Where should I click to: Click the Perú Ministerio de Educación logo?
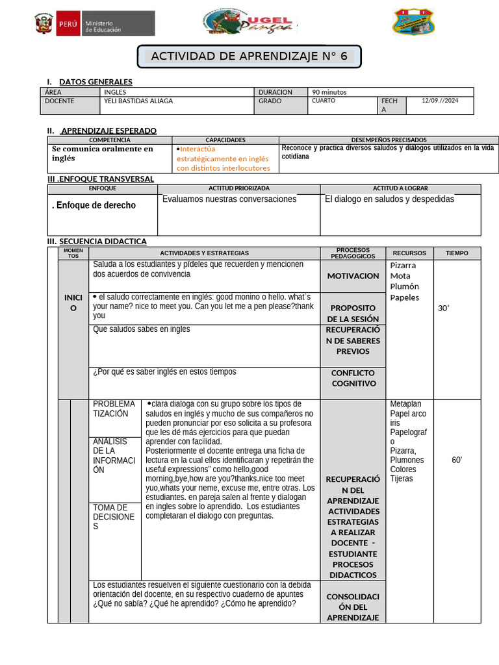coord(94,23)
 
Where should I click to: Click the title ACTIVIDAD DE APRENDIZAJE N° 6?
coord(249,56)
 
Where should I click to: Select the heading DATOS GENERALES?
coord(96,82)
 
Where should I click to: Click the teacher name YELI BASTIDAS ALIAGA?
coord(138,101)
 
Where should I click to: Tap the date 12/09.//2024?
coord(440,101)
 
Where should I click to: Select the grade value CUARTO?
coord(324,101)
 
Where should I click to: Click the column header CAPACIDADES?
coord(225,140)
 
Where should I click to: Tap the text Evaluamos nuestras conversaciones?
coord(229,199)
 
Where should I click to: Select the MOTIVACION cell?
coord(353,276)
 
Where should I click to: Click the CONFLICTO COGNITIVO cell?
coord(353,378)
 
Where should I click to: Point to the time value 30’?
coord(444,308)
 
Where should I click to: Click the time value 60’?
coord(457,460)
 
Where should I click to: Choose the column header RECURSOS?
coord(409,253)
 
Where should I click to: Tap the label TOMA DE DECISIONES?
coord(114,517)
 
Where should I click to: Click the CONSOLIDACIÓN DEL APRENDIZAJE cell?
coord(353,607)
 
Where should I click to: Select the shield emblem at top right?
coord(414,21)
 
